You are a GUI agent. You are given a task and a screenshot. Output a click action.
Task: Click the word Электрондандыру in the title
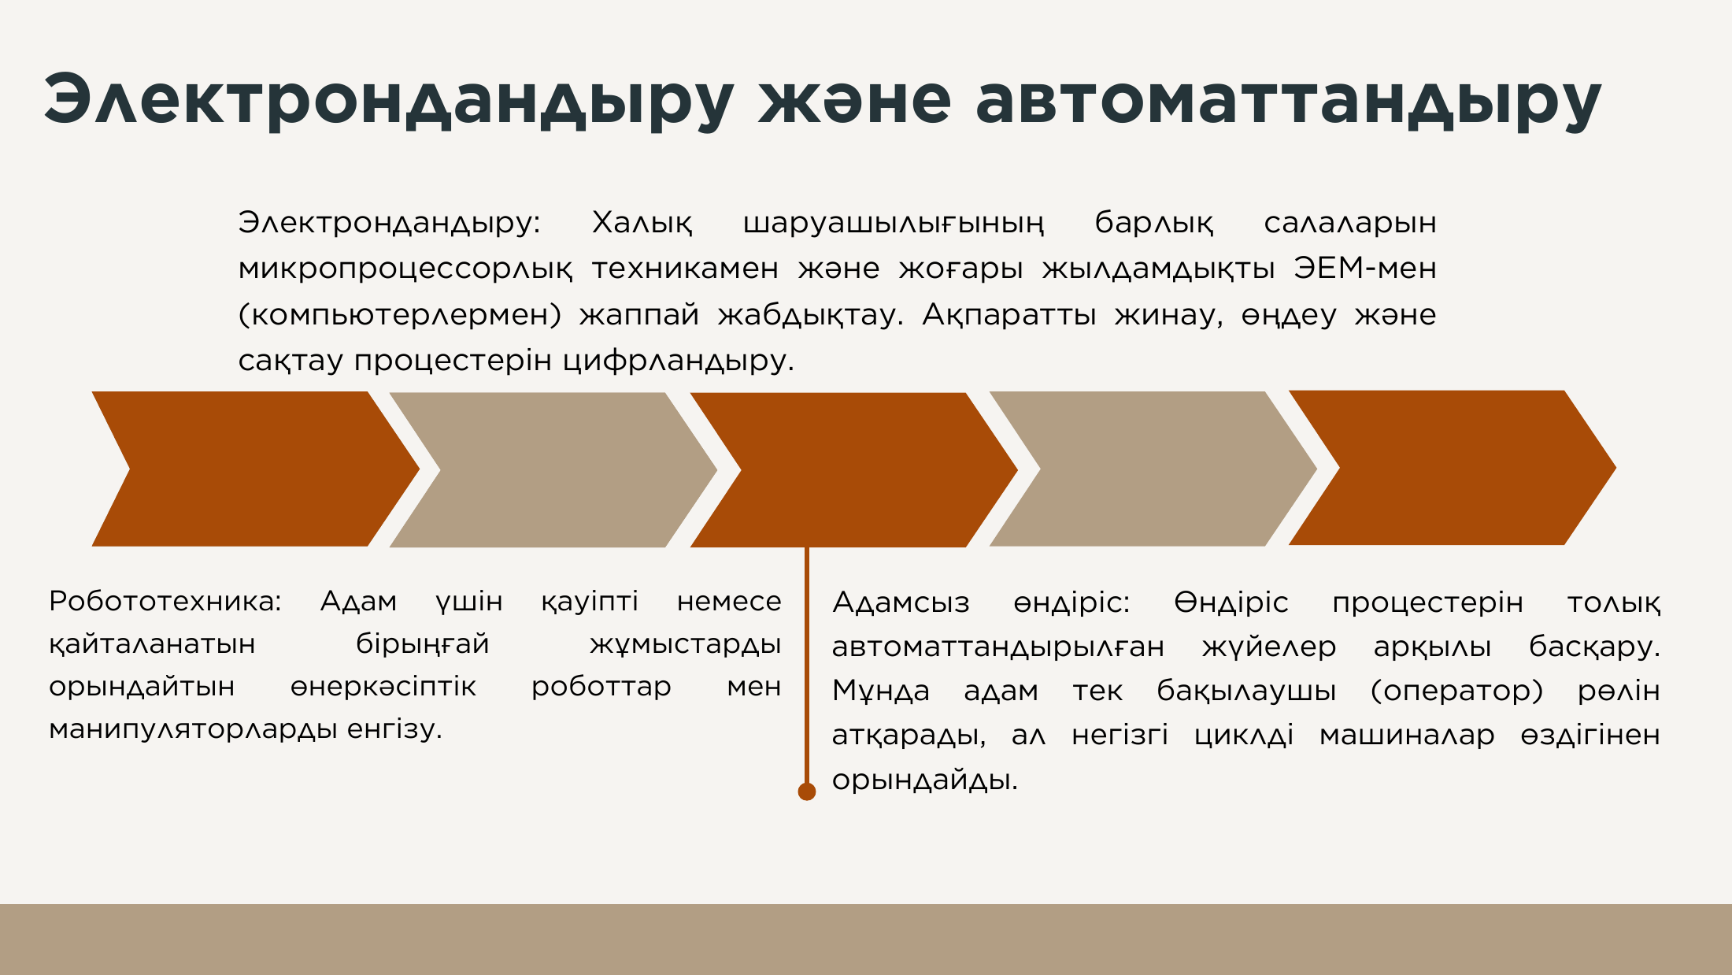click(390, 101)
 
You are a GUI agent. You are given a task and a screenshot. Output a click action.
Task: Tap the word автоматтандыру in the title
click(1289, 101)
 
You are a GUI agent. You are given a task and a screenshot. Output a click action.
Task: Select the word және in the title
click(855, 101)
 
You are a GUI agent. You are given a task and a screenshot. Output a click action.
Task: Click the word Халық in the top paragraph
click(642, 223)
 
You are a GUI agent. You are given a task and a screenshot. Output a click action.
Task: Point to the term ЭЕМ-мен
click(1365, 269)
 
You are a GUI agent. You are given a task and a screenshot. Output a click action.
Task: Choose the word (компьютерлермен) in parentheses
click(400, 315)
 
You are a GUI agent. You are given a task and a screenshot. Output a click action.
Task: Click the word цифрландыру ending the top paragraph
click(679, 361)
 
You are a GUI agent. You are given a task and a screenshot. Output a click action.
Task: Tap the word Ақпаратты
click(1009, 315)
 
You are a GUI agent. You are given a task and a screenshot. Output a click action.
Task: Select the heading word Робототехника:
click(165, 602)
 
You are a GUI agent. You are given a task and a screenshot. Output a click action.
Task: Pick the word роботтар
click(601, 687)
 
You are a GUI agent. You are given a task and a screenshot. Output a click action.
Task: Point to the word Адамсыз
click(901, 603)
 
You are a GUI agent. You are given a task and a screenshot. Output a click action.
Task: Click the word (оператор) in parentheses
click(1456, 691)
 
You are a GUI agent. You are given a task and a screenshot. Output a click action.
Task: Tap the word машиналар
click(1407, 736)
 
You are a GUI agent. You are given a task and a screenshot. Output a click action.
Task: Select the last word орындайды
click(925, 780)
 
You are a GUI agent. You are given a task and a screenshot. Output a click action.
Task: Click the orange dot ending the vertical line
click(807, 791)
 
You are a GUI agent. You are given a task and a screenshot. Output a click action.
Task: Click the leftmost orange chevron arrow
click(256, 469)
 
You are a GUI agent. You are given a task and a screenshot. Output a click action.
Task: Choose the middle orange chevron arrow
click(854, 470)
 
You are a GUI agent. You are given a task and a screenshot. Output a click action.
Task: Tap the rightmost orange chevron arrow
click(1453, 468)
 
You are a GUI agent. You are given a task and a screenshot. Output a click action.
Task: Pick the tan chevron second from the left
click(553, 470)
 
